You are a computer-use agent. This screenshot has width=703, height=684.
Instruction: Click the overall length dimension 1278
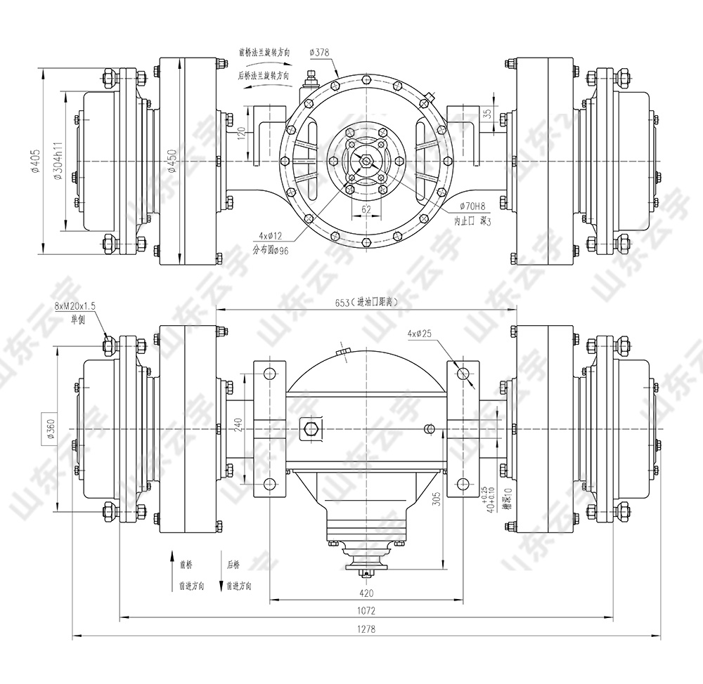366,629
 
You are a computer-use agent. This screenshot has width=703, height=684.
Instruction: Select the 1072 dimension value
366,611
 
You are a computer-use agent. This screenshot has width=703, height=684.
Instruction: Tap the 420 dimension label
366,592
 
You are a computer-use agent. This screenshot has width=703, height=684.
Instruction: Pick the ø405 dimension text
34,163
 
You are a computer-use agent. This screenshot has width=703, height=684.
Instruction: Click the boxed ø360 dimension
50,429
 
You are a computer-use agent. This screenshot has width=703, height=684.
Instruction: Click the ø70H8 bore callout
472,206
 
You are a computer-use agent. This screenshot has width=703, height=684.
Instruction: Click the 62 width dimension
366,209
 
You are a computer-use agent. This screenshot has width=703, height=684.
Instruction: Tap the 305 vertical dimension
436,498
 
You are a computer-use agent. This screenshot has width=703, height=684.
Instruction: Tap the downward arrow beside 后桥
221,585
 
